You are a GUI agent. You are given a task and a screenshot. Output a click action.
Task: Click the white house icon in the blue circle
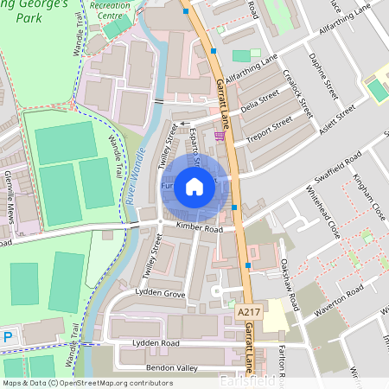point(194,187)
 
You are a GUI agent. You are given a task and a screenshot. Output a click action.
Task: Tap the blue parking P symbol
point(8,337)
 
